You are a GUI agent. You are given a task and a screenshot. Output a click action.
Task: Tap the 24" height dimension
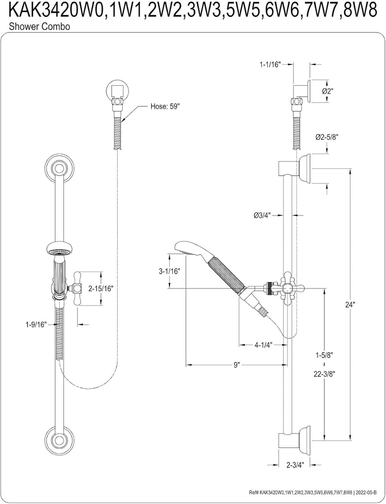(350, 305)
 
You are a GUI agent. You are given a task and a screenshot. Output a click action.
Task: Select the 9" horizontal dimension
(237, 365)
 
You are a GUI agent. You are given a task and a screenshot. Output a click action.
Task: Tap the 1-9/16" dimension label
(36, 324)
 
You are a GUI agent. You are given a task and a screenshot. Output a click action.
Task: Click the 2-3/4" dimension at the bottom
(294, 464)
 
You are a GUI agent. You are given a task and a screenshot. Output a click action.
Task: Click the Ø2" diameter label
(328, 91)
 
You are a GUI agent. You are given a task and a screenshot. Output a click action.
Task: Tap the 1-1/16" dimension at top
(270, 64)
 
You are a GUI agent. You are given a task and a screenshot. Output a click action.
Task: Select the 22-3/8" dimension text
(325, 374)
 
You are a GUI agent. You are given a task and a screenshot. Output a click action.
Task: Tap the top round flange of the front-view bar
(59, 169)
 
